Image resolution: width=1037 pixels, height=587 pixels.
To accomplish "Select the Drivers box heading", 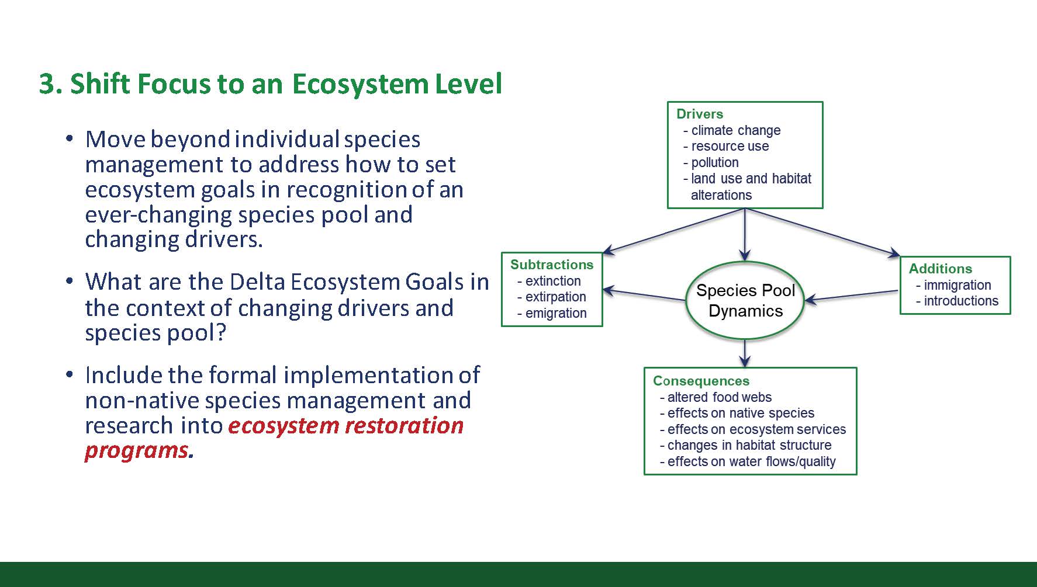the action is [x=700, y=114].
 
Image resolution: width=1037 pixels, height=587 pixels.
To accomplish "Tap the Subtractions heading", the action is [x=552, y=265].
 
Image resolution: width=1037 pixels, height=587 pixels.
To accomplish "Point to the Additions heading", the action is [x=941, y=269].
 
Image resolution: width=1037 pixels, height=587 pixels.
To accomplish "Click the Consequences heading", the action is [x=701, y=381].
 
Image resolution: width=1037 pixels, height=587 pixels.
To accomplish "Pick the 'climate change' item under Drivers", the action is [x=732, y=130].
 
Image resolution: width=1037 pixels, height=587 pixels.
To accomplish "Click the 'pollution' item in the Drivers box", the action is [x=711, y=162].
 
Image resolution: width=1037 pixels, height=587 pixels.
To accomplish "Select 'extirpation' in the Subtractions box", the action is [x=552, y=297].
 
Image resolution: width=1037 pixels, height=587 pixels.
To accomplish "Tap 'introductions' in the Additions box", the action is [x=958, y=301].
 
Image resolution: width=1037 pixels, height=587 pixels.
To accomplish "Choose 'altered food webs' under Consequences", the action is [x=715, y=397].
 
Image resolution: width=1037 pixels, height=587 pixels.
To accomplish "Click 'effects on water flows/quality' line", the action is [x=748, y=461].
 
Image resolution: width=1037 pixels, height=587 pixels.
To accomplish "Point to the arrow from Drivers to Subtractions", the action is [x=673, y=231].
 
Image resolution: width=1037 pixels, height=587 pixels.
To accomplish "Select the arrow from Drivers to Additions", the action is [x=822, y=232].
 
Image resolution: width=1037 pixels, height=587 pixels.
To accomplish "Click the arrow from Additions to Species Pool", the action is [x=852, y=296].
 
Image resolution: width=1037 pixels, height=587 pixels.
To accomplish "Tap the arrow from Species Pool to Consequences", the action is [x=745, y=353].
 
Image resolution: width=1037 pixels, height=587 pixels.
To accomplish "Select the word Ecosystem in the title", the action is [x=360, y=84].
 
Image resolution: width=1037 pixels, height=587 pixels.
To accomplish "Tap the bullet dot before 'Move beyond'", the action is [x=70, y=139].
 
